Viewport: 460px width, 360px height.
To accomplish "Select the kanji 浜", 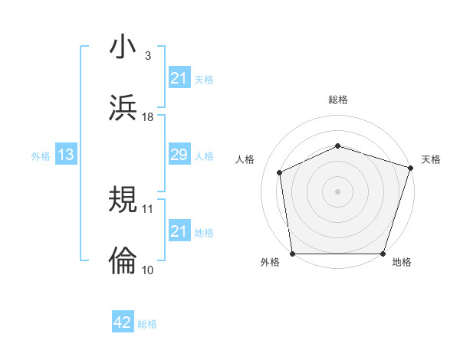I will (123, 107).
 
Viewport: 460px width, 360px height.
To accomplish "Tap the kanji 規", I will (123, 200).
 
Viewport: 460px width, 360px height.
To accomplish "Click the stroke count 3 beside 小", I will (147, 56).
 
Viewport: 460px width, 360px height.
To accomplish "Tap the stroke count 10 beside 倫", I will (148, 269).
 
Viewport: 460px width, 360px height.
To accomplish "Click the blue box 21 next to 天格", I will (179, 79).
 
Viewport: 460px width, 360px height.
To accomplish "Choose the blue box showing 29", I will (179, 155).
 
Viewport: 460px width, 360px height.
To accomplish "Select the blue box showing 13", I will (66, 155).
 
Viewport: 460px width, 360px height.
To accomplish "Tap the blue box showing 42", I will (123, 322).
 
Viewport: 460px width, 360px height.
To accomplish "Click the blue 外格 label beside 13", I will (41, 156).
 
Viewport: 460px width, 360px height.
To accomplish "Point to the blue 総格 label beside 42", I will (147, 324).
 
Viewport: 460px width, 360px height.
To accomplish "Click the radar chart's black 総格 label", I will (338, 100).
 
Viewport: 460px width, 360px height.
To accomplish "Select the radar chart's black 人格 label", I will (245, 159).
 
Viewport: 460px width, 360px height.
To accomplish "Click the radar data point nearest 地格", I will (383, 254).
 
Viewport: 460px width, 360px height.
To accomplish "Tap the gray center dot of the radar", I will (337, 191).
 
